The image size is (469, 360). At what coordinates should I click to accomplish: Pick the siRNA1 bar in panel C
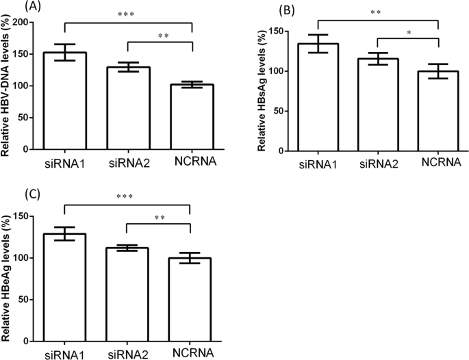pos(65,287)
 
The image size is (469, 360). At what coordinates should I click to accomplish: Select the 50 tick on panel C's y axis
pos(31,300)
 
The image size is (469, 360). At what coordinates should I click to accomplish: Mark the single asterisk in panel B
pos(408,33)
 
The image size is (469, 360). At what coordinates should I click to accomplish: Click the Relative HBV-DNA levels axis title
pos(9,86)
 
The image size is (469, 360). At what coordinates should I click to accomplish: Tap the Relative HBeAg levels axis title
pos(9,277)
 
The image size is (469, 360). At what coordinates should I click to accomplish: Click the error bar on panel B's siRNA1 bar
pos(318,43)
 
